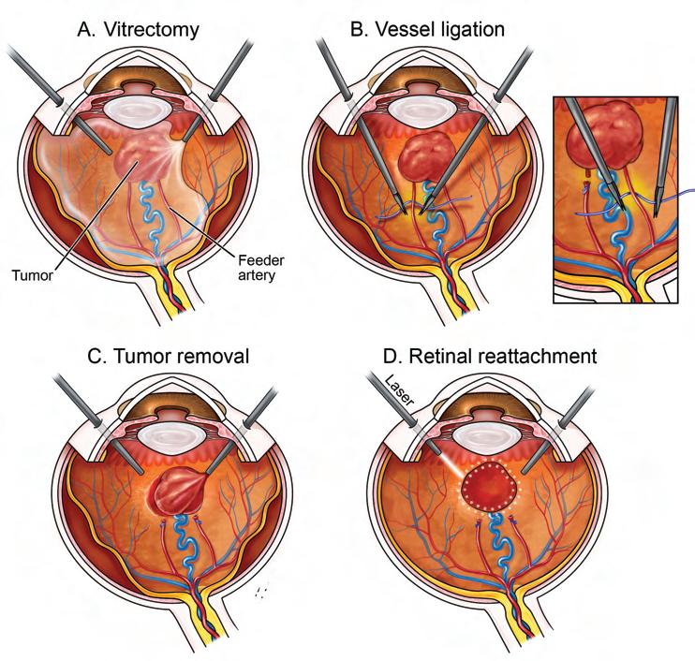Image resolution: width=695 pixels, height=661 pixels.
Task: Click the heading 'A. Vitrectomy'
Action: pos(139,29)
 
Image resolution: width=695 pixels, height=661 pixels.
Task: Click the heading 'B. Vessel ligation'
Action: pos(427,29)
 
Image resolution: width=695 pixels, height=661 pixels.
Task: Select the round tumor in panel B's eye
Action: pos(427,154)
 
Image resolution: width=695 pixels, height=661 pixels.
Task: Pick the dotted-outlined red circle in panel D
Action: pos(481,486)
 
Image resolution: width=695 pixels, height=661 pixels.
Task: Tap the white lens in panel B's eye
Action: pos(426,110)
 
